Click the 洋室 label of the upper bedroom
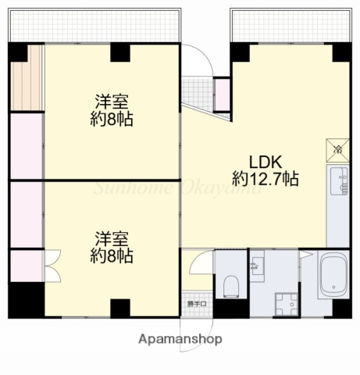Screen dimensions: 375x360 [112, 102]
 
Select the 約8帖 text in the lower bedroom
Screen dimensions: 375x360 [112, 255]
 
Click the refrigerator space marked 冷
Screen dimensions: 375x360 [338, 148]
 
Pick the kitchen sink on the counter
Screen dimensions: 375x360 [342, 183]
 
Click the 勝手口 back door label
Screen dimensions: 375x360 [197, 304]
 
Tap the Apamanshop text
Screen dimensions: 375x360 [180, 339]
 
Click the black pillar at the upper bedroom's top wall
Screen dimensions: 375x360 [120, 52]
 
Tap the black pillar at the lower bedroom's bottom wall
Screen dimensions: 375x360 [120, 308]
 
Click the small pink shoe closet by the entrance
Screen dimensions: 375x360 [222, 93]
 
